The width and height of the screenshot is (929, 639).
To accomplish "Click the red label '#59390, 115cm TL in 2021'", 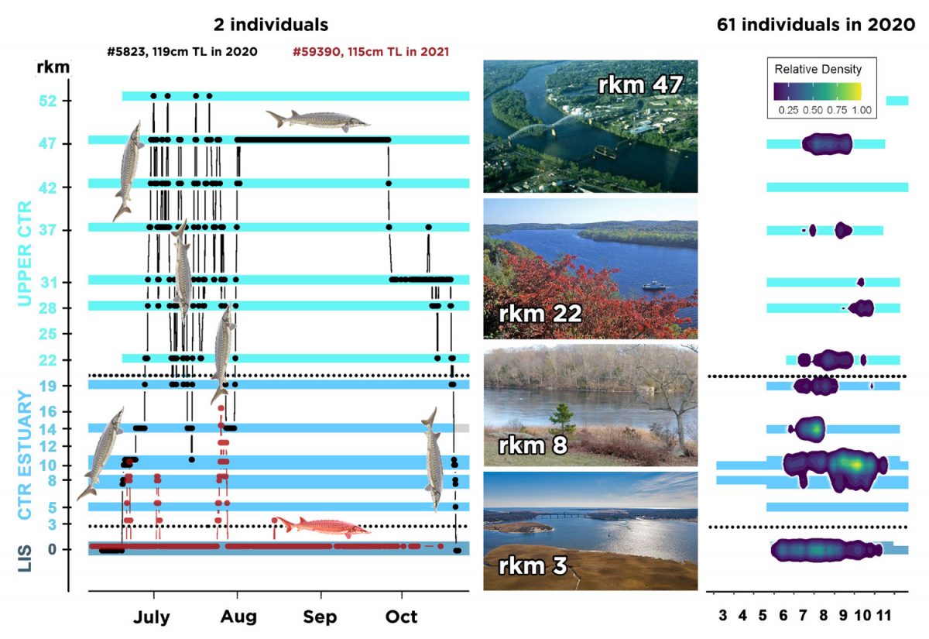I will tap(372, 52).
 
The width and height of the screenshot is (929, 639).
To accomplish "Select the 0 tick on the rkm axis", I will tap(67, 550).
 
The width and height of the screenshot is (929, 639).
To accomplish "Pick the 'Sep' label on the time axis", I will tap(320, 617).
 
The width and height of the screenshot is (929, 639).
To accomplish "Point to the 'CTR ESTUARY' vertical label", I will tap(26, 455).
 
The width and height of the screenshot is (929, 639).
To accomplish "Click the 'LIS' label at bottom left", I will tap(26, 560).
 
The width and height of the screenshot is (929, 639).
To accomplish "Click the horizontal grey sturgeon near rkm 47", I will tap(318, 120).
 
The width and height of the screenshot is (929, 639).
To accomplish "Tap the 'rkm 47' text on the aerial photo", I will tap(640, 84).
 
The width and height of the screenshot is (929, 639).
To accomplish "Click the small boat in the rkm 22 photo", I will tap(654, 285).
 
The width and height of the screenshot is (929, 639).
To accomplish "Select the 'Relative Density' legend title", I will tap(818, 69).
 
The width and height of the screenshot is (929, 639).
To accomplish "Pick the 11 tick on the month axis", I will tap(883, 617).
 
